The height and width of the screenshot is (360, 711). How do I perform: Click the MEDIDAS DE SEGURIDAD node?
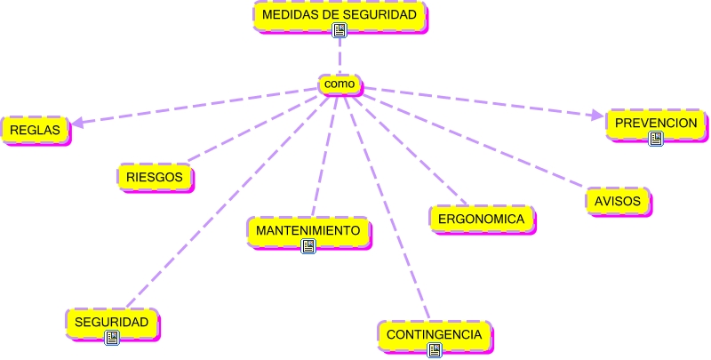point(340,15)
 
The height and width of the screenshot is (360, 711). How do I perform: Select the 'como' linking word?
point(340,84)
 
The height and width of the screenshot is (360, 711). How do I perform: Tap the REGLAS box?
point(35,130)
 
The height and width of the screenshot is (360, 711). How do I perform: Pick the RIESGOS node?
point(155,177)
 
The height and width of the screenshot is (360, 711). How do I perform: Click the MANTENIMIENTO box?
point(308,230)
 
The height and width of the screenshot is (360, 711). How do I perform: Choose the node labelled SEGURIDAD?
point(111,321)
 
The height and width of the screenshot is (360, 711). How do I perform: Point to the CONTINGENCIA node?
point(434,335)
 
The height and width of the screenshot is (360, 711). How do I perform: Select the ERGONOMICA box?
point(482,218)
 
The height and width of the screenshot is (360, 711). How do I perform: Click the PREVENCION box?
point(656,122)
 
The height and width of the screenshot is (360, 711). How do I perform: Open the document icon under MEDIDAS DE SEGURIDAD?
point(340,30)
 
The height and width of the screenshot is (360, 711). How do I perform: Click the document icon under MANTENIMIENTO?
point(308,246)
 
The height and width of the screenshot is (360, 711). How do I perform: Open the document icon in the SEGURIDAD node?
point(112,338)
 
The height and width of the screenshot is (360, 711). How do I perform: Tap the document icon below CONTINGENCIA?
point(435,350)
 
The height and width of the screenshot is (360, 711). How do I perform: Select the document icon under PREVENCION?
point(656,138)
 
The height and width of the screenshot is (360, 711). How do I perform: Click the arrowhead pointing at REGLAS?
point(77,124)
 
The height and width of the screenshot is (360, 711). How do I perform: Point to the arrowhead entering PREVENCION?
point(597,115)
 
